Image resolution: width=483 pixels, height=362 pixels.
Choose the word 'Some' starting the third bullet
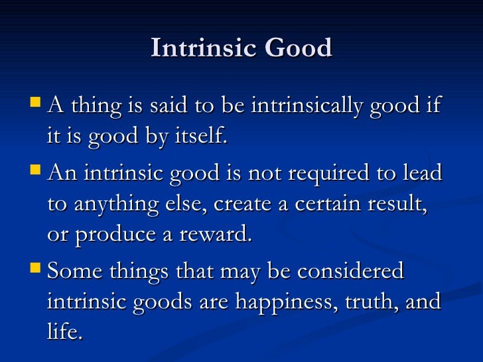pyautogui.click(x=74, y=271)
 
